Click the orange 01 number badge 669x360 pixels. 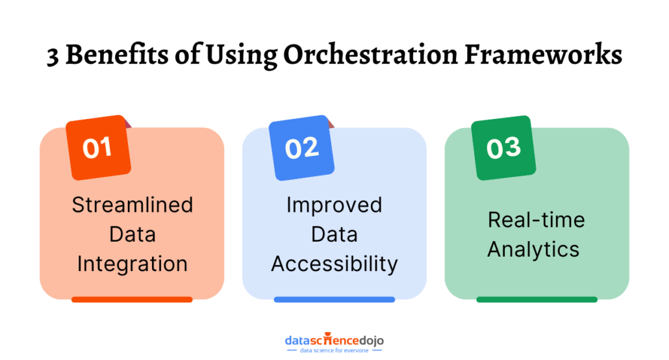tap(98, 148)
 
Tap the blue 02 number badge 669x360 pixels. tap(301, 148)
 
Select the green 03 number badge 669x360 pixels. tap(503, 148)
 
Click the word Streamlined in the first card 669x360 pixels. tap(133, 205)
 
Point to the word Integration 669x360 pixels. tap(133, 264)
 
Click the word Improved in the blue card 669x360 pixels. tap(334, 205)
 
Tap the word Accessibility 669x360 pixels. tap(334, 264)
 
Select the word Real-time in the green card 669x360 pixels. tap(536, 220)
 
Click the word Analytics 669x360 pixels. tap(533, 250)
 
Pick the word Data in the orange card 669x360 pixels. tap(133, 235)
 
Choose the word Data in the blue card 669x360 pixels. tap(334, 235)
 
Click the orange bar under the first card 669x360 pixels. tap(132, 300)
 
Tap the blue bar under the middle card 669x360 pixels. tap(334, 300)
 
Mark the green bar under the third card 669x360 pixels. tap(536, 300)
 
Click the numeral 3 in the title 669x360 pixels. tap(53, 57)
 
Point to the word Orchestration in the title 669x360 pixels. tap(370, 54)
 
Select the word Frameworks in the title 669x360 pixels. tap(543, 54)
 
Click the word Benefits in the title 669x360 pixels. tap(117, 54)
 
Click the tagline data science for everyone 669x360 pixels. tap(334, 351)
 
